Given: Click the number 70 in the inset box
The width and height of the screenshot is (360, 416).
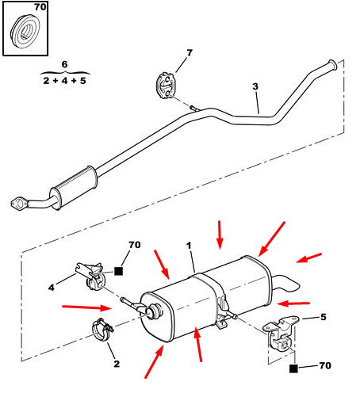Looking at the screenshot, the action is coord(40,7).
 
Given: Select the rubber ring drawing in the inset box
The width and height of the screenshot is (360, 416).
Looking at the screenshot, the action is coord(25,32).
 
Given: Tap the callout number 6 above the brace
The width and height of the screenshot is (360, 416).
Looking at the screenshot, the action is coord(64,64).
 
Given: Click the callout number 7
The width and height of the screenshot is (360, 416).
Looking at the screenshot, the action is coord(190,53).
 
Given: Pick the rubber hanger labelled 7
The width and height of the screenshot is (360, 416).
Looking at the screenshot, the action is coord(166,86).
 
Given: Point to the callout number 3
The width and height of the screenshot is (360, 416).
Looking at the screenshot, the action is coord(255,86).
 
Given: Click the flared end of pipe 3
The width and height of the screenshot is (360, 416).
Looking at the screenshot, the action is coord(332,65).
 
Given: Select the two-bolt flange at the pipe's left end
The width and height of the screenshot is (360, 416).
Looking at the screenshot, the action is coord(18,204).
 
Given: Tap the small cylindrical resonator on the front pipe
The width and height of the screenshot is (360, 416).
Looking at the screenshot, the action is coord(74,187).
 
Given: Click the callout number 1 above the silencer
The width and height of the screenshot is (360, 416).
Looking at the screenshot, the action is coord(189,246).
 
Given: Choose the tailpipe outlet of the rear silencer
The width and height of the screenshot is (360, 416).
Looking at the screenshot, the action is coord(286,284).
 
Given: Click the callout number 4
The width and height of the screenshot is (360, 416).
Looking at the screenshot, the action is coord(52,287).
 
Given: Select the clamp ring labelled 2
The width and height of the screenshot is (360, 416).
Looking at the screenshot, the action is coord(101,330).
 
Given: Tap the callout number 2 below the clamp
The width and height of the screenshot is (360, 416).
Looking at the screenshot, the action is coord(117,364).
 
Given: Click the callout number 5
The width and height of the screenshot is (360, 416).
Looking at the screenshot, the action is coord(323,317).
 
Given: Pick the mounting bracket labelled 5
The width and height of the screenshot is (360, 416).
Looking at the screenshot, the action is coord(281,333).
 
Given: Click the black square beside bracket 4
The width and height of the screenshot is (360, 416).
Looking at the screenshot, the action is coord(118,271).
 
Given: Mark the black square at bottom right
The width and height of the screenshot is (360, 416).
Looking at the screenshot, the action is coord(293,368).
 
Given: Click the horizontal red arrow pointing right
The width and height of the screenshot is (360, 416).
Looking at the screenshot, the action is coord(86,307).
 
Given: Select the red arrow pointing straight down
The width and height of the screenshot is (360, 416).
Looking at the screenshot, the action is coord(220,235).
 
